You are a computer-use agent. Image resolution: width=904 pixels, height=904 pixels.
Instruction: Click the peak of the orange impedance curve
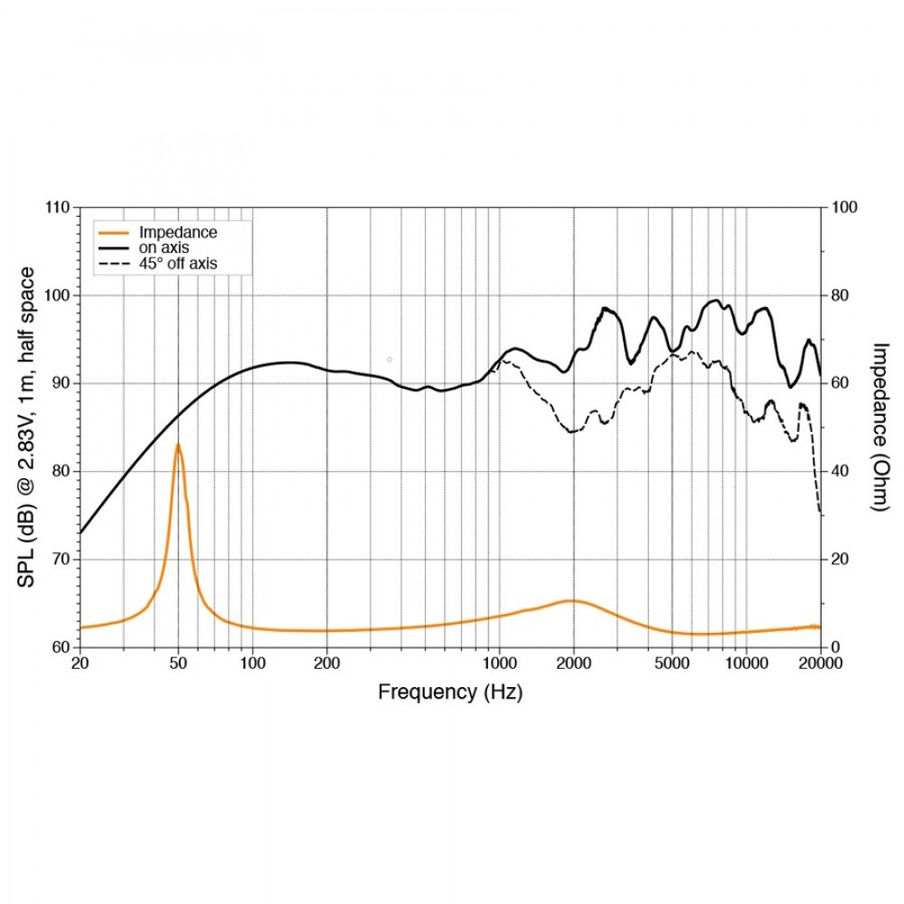click(x=178, y=444)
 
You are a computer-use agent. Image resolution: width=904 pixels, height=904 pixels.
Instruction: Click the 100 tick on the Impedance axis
click(x=842, y=208)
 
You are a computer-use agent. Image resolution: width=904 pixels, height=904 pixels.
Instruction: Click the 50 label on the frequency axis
click(x=178, y=663)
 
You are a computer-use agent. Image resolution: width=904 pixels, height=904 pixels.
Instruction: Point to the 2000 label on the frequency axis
click(x=573, y=663)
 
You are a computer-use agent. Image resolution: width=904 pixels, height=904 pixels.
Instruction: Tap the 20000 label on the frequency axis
click(x=819, y=663)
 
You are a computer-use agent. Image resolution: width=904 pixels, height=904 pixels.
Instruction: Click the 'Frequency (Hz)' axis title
click(x=449, y=692)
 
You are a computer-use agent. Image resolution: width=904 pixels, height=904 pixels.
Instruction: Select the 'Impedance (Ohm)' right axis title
click(x=880, y=427)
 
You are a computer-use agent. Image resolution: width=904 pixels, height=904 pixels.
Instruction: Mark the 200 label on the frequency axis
click(x=326, y=663)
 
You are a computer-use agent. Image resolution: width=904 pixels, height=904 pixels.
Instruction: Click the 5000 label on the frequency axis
click(x=672, y=663)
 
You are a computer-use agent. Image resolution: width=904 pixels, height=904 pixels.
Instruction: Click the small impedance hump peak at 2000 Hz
click(x=571, y=600)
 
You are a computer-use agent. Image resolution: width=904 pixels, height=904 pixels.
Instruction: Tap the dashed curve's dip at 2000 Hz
click(x=571, y=432)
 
